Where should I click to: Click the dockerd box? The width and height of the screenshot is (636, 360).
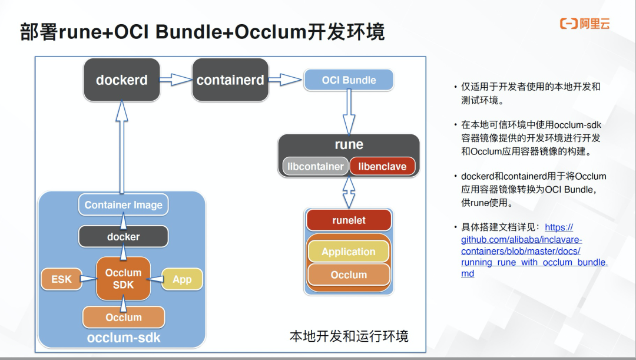122,80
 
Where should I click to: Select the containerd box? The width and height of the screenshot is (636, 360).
230,80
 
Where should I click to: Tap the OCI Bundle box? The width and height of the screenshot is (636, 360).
349,80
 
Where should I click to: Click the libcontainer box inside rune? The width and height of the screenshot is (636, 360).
315,166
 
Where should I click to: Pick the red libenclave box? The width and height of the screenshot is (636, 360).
382,166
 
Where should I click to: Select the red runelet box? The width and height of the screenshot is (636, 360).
349,220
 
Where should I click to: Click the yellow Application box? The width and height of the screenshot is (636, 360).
349,252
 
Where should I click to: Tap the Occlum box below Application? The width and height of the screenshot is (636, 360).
349,275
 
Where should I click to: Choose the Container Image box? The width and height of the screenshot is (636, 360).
124,205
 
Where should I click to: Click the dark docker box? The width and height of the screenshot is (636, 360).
124,236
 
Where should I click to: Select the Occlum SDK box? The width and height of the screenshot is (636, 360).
124,279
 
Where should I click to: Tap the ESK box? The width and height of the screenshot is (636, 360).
61,279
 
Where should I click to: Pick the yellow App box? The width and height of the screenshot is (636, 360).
182,279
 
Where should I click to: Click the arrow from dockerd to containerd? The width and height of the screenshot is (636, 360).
176,80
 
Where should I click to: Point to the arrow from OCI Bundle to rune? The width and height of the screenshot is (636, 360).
349,112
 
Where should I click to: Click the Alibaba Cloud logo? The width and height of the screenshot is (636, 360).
584,24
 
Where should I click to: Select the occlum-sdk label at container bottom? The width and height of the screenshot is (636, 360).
124,338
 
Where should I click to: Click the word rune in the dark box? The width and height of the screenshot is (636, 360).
349,144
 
